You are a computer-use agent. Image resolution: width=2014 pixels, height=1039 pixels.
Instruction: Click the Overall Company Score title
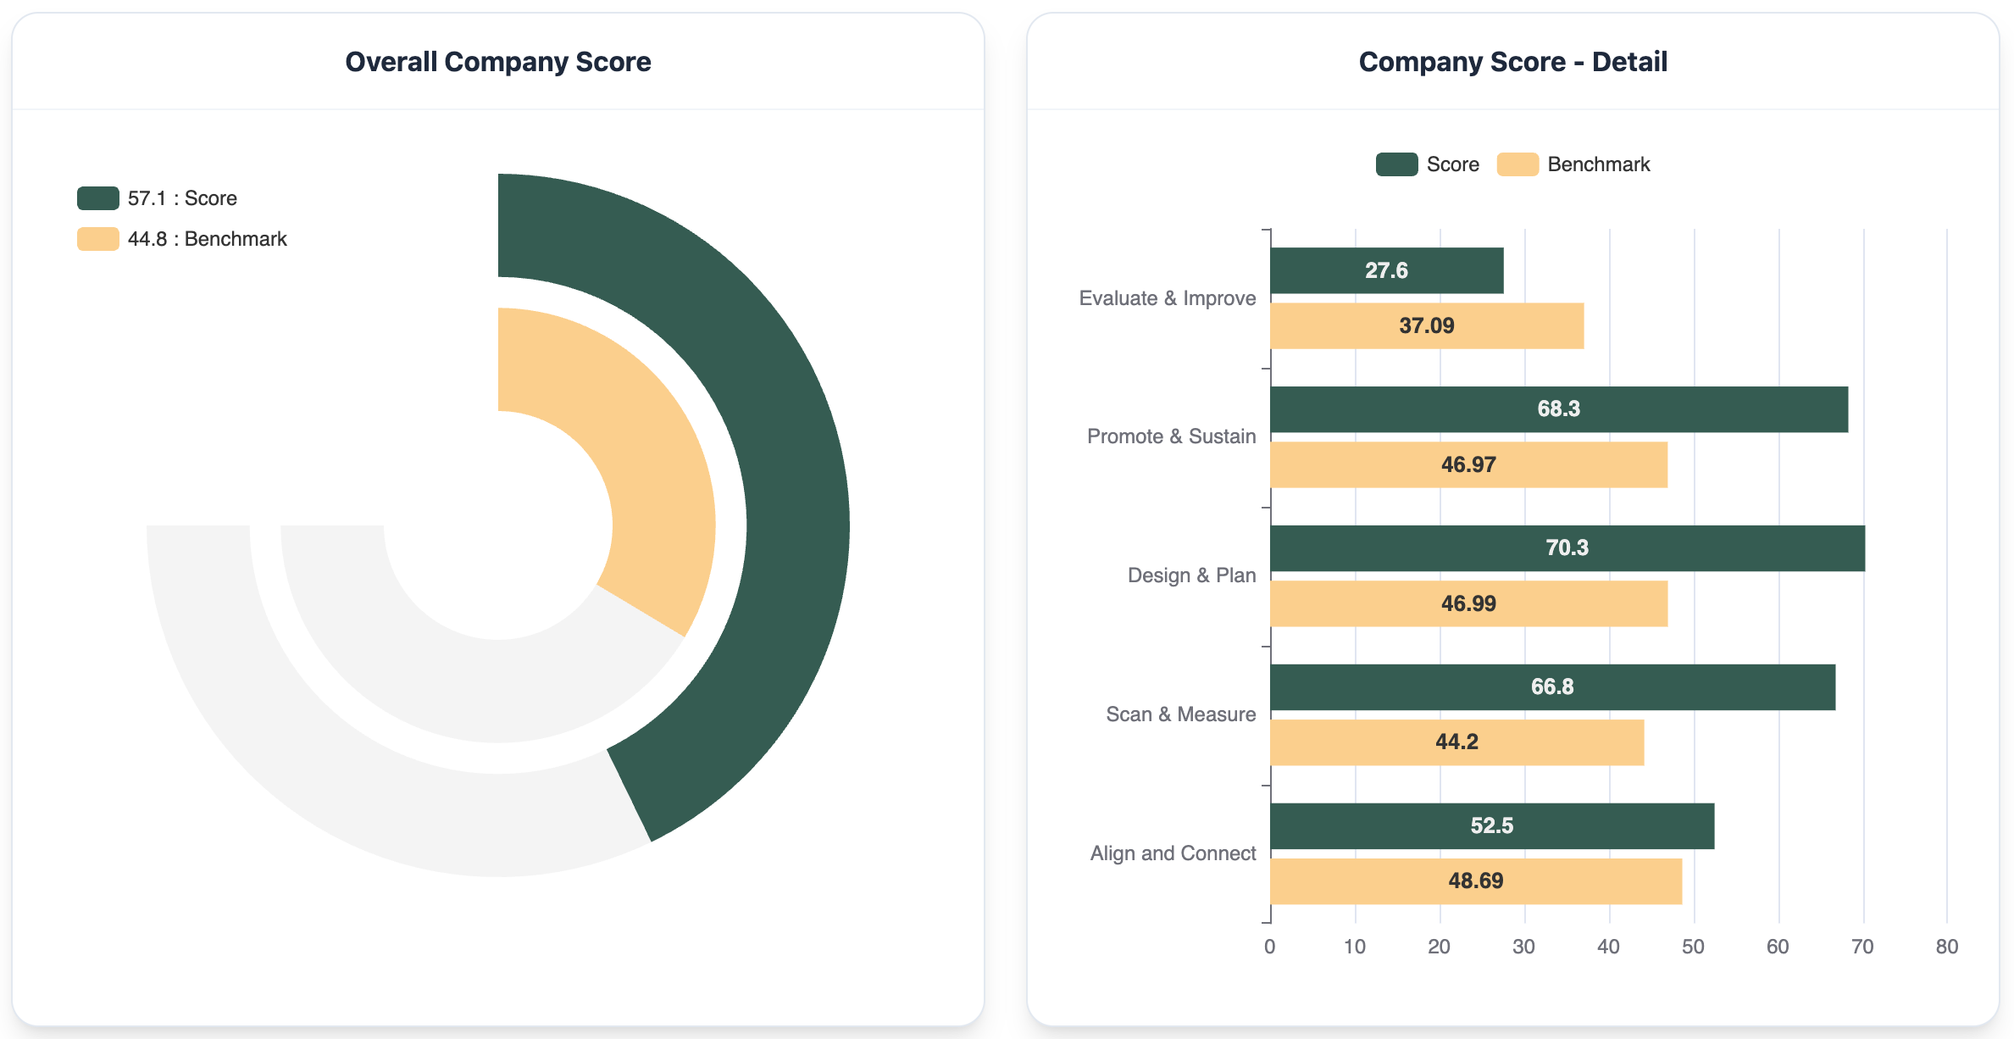click(497, 62)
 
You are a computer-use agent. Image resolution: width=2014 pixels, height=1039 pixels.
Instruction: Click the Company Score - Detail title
click(1512, 62)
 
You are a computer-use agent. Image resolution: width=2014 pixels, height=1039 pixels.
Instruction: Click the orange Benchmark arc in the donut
click(644, 441)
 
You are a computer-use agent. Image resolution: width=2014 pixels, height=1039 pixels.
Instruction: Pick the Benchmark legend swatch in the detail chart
click(1517, 164)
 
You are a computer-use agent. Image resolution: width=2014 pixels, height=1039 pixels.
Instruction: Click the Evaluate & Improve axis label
click(1167, 298)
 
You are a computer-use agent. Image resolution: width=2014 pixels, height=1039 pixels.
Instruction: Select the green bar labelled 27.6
click(1387, 270)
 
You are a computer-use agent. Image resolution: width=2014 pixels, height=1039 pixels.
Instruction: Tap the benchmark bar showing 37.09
click(1427, 326)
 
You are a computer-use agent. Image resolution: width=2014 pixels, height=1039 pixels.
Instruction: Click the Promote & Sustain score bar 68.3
click(1559, 409)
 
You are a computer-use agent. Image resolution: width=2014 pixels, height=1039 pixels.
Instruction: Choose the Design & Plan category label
click(1191, 575)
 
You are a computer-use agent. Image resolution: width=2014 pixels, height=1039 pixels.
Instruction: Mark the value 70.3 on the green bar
click(1567, 548)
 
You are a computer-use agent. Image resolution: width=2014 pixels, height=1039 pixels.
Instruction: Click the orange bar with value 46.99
click(1468, 603)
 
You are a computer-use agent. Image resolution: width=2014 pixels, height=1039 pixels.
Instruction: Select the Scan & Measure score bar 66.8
click(1552, 687)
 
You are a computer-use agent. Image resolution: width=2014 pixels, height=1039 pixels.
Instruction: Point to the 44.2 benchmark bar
click(1456, 742)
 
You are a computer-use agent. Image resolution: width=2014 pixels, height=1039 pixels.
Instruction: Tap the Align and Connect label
click(1173, 853)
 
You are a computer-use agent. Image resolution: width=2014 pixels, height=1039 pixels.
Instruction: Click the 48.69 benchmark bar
click(1475, 881)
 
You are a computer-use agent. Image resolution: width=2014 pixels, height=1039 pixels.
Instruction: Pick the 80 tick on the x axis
click(1946, 947)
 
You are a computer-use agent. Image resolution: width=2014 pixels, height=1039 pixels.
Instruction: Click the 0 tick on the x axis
click(1269, 947)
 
